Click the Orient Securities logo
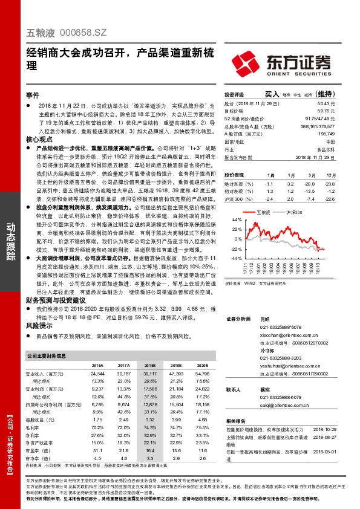(280, 62)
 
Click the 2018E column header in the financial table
(149, 366)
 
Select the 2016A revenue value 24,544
(97, 374)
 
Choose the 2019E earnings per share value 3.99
(176, 420)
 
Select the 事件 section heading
(33, 95)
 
